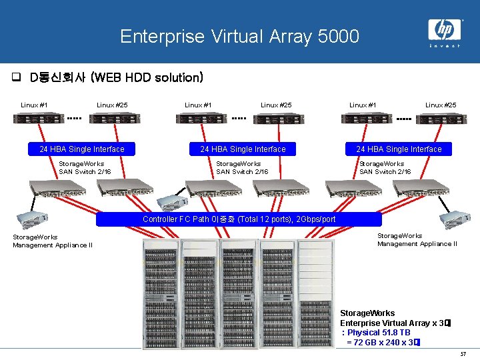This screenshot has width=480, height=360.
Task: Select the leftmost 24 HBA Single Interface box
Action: click(x=82, y=149)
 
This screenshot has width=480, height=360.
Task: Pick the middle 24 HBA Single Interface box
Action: click(x=243, y=149)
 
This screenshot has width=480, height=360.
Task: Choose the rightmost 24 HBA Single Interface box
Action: click(x=399, y=149)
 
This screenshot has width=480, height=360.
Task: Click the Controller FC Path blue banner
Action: click(x=239, y=219)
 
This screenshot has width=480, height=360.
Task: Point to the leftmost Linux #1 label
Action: click(x=33, y=105)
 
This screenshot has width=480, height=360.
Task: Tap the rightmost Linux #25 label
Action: click(x=441, y=105)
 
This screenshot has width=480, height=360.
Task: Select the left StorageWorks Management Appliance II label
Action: click(x=52, y=241)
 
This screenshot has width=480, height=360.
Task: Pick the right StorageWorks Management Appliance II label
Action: click(x=417, y=239)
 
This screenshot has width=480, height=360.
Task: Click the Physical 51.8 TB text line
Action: click(x=376, y=333)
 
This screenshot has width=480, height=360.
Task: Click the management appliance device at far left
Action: click(x=29, y=214)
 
